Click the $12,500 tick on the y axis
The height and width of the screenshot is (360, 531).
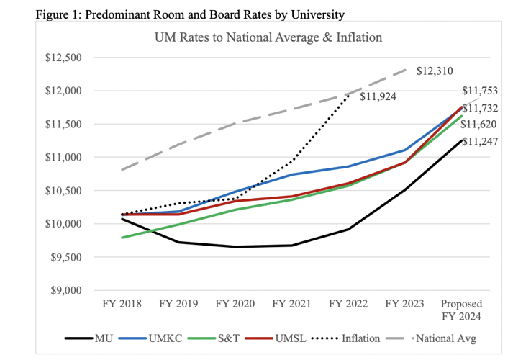[63, 58]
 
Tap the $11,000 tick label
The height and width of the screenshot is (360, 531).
[63, 157]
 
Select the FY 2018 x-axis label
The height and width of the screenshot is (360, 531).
[122, 303]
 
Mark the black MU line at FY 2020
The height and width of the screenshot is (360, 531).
[235, 247]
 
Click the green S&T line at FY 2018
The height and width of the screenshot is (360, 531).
[122, 237]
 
